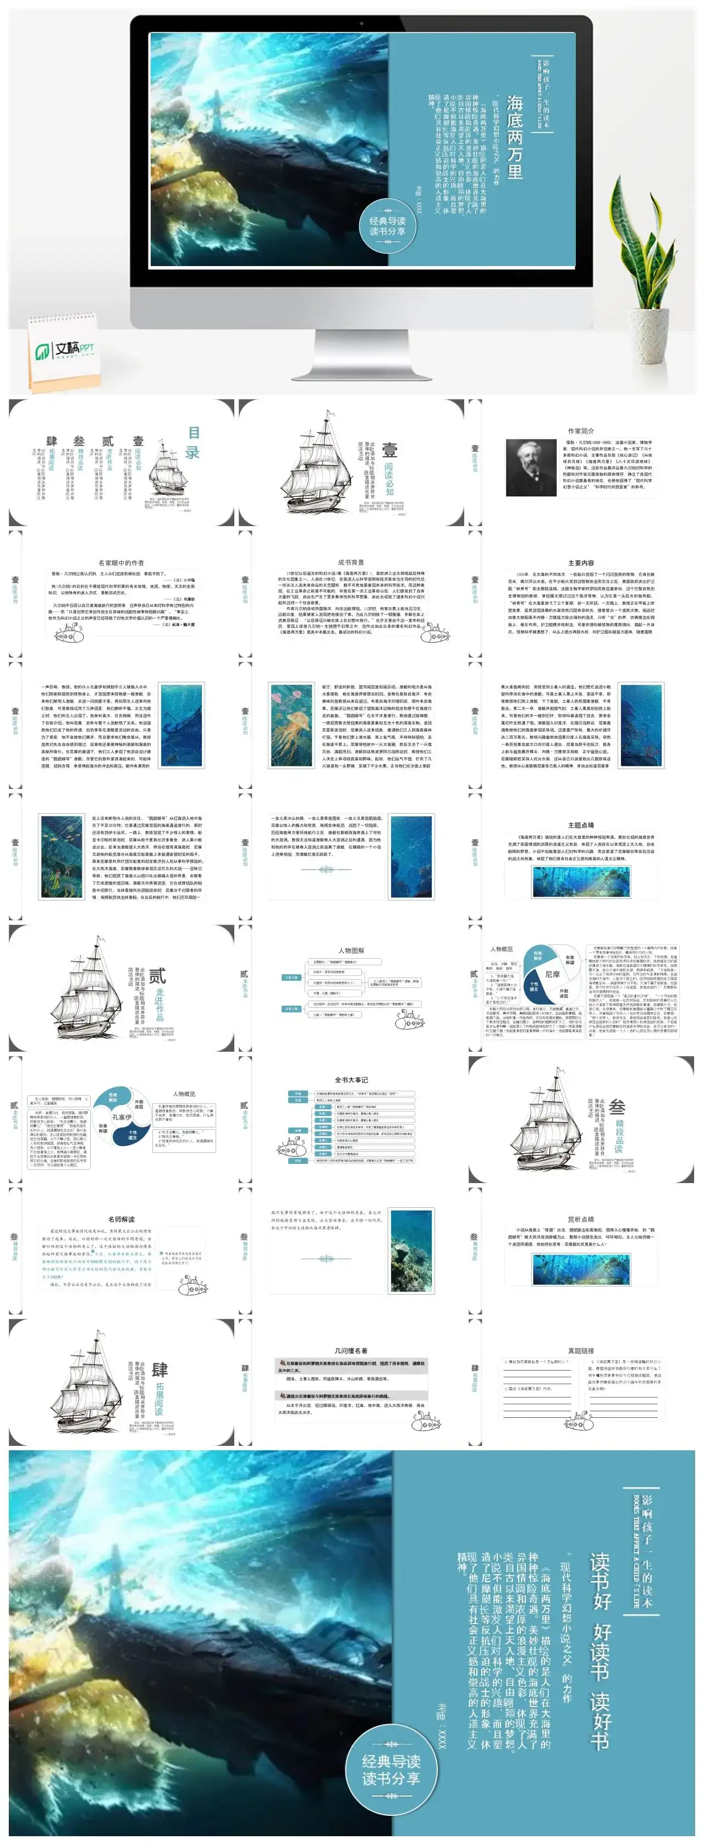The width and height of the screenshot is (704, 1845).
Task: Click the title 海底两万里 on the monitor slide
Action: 514,137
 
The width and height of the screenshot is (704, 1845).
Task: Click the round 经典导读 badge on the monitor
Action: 387,227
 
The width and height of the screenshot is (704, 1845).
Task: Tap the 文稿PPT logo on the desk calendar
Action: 65,350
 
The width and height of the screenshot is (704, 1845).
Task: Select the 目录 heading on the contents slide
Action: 193,443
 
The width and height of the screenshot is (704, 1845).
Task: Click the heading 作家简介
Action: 580,431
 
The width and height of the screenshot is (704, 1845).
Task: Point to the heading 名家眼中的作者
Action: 120,563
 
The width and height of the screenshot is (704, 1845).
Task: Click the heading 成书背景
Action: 351,562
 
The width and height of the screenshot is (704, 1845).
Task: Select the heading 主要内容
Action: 580,563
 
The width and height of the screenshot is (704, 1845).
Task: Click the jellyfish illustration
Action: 292,724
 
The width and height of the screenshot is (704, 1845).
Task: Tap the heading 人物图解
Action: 351,951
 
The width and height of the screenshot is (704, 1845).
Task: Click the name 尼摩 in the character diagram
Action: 552,974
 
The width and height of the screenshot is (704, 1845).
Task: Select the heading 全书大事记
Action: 351,1079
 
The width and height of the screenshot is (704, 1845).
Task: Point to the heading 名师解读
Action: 120,1219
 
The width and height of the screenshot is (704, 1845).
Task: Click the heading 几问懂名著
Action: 351,1351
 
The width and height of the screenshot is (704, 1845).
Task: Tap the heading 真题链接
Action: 580,1351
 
